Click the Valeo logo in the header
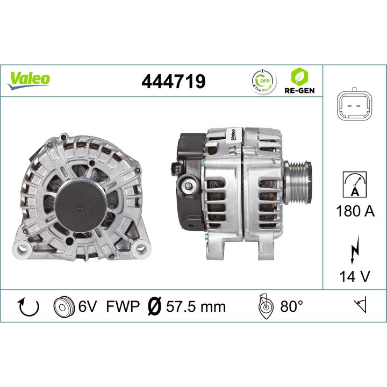29,78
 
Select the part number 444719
173,81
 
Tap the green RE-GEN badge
300,81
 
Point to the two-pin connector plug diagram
354,105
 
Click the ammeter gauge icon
354,185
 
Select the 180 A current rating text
354,211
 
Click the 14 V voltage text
354,276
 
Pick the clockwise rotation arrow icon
29,307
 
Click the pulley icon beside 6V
63,307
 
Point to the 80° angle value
292,307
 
